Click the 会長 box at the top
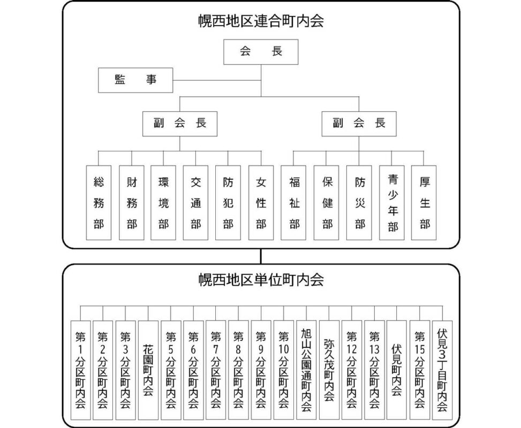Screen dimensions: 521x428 [x=261, y=52]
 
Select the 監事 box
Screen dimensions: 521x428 [x=135, y=80]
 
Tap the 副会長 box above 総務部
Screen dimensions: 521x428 [x=180, y=124]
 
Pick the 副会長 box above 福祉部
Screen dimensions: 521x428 [x=359, y=124]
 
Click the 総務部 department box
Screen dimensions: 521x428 [x=99, y=203]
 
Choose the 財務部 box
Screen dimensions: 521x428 [x=132, y=203]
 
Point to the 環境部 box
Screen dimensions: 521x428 [x=163, y=203]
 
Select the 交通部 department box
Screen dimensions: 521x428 [x=195, y=203]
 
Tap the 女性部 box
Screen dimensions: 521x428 [x=261, y=203]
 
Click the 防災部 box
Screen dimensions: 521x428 [x=359, y=203]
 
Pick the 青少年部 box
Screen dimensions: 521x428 [x=392, y=203]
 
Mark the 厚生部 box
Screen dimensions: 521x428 [x=424, y=203]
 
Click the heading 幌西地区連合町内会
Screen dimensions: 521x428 [x=261, y=21]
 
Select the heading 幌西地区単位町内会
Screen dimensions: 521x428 [x=261, y=280]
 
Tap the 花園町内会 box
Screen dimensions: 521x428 [x=148, y=370]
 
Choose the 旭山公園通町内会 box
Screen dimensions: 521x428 [x=306, y=370]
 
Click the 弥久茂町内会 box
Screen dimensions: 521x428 [x=329, y=370]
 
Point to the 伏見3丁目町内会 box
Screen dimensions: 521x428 [x=442, y=370]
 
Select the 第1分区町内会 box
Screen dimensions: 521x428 [x=80, y=370]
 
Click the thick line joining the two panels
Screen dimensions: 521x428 [x=261, y=256]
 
